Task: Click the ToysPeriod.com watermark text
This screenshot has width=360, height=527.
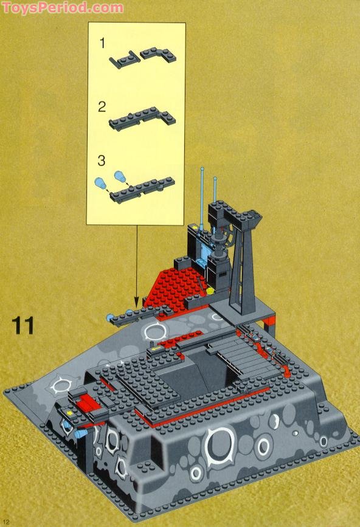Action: pyautogui.click(x=62, y=8)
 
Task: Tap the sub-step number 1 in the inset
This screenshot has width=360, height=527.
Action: pyautogui.click(x=103, y=43)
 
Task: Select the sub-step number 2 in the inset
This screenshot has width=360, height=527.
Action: pyautogui.click(x=102, y=107)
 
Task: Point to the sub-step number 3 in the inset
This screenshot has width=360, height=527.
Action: pyautogui.click(x=102, y=160)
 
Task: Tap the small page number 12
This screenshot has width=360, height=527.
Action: pyautogui.click(x=6, y=522)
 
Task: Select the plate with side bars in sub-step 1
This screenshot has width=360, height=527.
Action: pyautogui.click(x=123, y=59)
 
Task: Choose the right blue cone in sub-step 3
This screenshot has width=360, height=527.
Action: pyautogui.click(x=120, y=177)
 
